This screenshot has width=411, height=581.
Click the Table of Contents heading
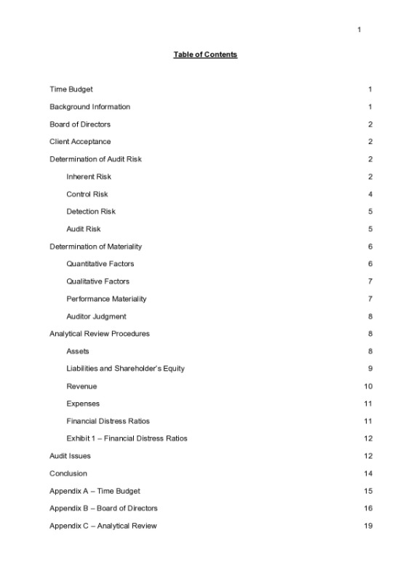(x=205, y=55)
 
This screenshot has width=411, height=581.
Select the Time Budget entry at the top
(x=71, y=89)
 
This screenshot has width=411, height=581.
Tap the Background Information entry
(x=89, y=107)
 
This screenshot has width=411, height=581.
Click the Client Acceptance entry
(x=80, y=142)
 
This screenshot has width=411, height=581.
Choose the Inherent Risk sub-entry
(x=89, y=177)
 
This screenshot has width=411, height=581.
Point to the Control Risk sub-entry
(x=87, y=194)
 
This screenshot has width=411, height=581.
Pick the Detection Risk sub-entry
(x=91, y=212)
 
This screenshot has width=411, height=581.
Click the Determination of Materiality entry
(x=95, y=247)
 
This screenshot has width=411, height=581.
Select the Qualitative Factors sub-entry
(x=97, y=281)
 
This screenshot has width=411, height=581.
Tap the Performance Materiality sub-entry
(x=106, y=299)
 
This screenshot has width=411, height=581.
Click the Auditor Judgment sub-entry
(x=96, y=316)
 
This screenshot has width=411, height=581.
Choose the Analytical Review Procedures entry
(x=99, y=334)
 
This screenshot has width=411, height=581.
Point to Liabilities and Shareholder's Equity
(x=125, y=369)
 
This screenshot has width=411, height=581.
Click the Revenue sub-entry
(x=81, y=386)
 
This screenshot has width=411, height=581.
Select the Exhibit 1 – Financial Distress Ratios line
(x=127, y=438)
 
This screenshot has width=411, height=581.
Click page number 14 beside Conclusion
(x=368, y=473)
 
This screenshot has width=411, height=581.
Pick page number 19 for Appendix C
(x=368, y=526)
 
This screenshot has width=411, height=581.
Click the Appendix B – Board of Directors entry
(x=103, y=508)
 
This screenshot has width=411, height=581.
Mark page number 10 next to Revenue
(x=368, y=386)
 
